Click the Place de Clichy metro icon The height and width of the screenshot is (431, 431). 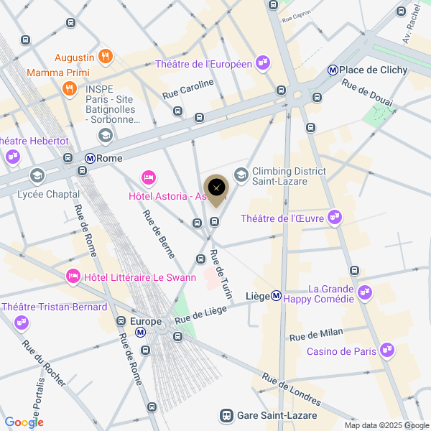pos(333,70)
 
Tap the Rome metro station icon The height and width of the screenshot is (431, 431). pos(91,158)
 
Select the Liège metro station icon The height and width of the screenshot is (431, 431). pos(276,296)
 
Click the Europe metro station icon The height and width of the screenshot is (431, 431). pos(141,333)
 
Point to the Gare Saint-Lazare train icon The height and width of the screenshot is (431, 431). pos(226,416)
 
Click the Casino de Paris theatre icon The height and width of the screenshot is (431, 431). pos(387,351)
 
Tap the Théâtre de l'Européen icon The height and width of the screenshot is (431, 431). pos(263,64)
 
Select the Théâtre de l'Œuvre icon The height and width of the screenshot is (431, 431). pos(334,217)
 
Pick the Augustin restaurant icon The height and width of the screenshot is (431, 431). pos(106,56)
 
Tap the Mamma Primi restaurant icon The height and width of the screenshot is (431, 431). pos(70,88)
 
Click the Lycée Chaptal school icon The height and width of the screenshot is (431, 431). pos(37,175)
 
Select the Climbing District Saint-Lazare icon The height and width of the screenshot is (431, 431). pos(241,175)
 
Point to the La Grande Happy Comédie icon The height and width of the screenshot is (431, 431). pos(366,292)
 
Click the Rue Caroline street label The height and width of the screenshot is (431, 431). pos(188,88)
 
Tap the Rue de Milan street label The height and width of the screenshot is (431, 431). pos(315,334)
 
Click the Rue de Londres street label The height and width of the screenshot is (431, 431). pos(291,390)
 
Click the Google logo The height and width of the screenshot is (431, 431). pos(24,422)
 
